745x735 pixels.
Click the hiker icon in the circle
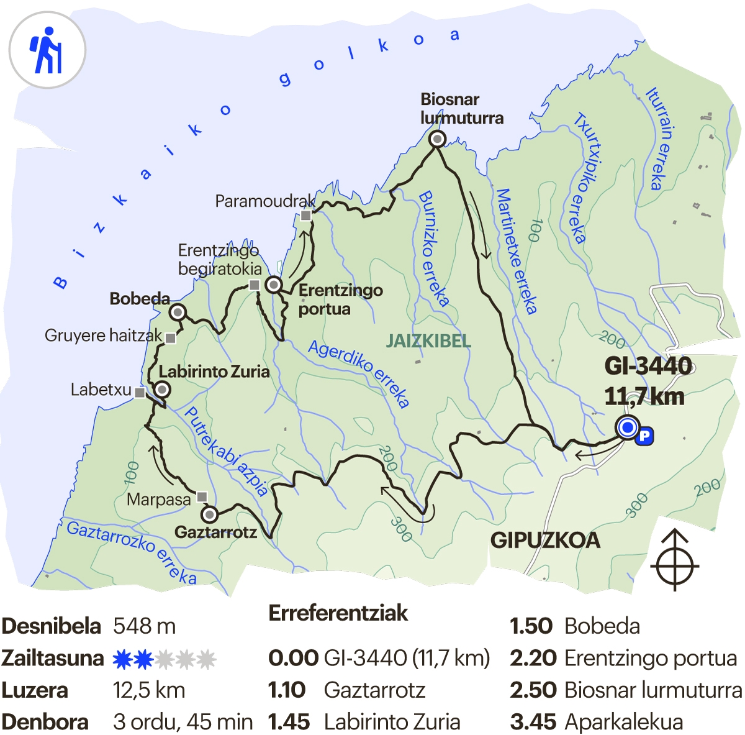coord(47,50)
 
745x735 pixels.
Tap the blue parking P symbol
coord(645,436)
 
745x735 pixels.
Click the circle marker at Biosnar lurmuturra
coord(438,139)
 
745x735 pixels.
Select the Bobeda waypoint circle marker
coord(178,312)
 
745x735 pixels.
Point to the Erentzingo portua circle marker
coord(274,285)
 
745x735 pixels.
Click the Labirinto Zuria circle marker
coord(162,390)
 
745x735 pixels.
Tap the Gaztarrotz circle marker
coord(210,514)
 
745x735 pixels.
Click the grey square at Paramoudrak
coord(305,216)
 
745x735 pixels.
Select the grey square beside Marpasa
coord(202,497)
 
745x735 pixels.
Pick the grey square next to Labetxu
coord(140,393)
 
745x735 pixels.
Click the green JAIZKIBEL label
coord(428,341)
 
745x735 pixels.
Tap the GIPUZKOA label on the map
coord(545,540)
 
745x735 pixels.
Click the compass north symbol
coord(675,560)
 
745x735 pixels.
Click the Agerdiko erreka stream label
coord(359,373)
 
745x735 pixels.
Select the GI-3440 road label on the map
coord(648,366)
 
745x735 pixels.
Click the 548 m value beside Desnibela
coord(144,626)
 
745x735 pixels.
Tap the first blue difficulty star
coord(122,659)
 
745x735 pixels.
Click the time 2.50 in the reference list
coord(531,690)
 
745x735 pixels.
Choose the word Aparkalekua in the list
coord(623,722)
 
